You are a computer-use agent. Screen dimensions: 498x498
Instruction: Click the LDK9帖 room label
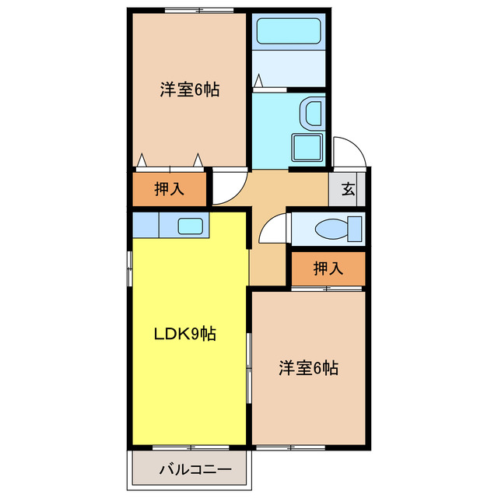coord(184,335)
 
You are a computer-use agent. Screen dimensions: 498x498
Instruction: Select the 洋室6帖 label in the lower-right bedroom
coord(308,368)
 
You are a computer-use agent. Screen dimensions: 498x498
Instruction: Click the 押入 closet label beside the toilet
coord(328,269)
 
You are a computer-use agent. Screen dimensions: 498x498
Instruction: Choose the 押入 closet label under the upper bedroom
coord(170,188)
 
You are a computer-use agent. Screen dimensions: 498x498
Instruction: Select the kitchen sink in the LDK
coord(191,226)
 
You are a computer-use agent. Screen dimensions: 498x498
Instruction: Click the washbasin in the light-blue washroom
coord(313,114)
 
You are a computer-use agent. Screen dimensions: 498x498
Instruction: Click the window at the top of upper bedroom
coord(199,9)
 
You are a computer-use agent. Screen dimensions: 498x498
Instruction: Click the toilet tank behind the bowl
coord(355,229)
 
